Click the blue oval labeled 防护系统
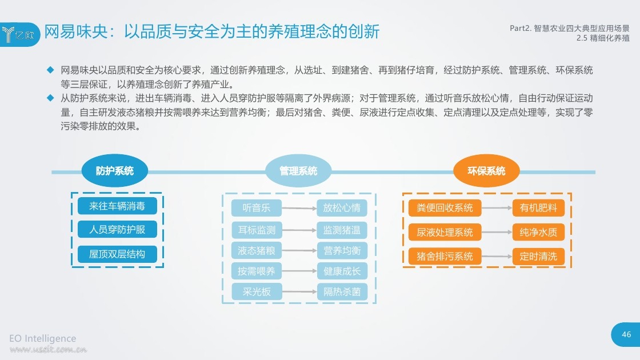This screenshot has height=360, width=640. tap(115, 171)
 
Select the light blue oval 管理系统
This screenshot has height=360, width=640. tap(298, 171)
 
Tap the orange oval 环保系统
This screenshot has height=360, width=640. tap(486, 171)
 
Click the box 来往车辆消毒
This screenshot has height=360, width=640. tap(117, 206)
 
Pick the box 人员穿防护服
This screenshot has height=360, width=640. tap(117, 229)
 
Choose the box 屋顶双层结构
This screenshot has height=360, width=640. tap(117, 254)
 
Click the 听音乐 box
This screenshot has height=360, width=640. tap(257, 208)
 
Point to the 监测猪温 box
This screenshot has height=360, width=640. tap(342, 230)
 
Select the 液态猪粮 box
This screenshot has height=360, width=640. tap(257, 250)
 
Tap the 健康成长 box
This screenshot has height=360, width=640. tap(342, 271)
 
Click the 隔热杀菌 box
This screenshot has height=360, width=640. tap(342, 292)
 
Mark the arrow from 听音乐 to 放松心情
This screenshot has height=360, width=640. tap(299, 208)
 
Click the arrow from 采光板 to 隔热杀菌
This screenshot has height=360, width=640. tap(299, 292)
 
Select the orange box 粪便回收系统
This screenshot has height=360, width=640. tap(445, 208)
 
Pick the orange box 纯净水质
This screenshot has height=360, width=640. tap(538, 232)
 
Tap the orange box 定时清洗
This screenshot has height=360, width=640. tap(538, 257)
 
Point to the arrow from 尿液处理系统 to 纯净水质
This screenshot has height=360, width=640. tap(497, 232)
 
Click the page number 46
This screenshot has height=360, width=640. tap(626, 334)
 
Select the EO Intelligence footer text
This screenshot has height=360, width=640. tap(42, 338)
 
